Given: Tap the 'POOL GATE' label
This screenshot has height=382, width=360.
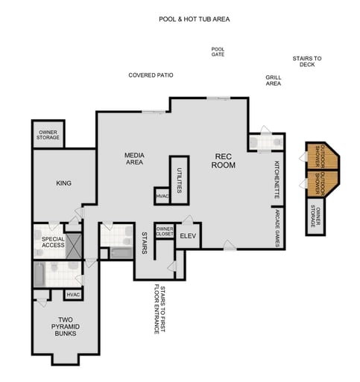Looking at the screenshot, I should coord(218,51).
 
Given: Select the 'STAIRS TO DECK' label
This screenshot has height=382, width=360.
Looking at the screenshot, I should coord(306,61).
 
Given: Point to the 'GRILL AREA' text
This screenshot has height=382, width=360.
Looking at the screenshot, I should coord(273,80).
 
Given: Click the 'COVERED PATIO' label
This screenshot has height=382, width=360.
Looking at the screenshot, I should coord(151,75).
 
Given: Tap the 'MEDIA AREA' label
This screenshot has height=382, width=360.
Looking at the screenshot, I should coord(134,158).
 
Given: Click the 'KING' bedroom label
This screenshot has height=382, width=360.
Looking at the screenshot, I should coord(63,182).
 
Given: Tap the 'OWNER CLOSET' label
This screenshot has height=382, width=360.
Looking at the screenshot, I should coord(164,232).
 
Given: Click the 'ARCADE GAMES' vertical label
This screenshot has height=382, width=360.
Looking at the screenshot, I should coord(277,228).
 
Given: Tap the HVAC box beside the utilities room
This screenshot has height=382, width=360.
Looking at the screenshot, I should coord(162,196).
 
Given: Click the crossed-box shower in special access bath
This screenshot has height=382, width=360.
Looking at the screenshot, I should coord(73,245).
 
